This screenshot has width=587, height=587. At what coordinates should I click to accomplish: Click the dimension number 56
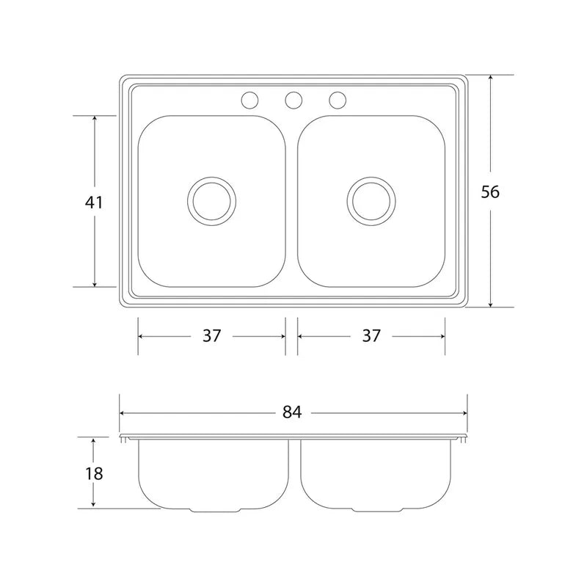(x=490, y=192)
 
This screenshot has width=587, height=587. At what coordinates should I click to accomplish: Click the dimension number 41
(x=94, y=203)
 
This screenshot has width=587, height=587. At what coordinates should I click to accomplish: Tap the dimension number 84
(x=292, y=412)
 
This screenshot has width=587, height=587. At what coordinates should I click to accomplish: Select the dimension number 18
(x=94, y=473)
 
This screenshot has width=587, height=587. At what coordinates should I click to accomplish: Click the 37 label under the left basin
(x=212, y=336)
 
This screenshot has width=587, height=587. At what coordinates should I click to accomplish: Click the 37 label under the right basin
(x=371, y=336)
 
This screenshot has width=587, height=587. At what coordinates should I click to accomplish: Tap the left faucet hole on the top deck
(x=249, y=100)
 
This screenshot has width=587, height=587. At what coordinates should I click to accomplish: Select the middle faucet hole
(x=293, y=100)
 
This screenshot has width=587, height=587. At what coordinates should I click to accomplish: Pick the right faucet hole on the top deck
(x=338, y=100)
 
